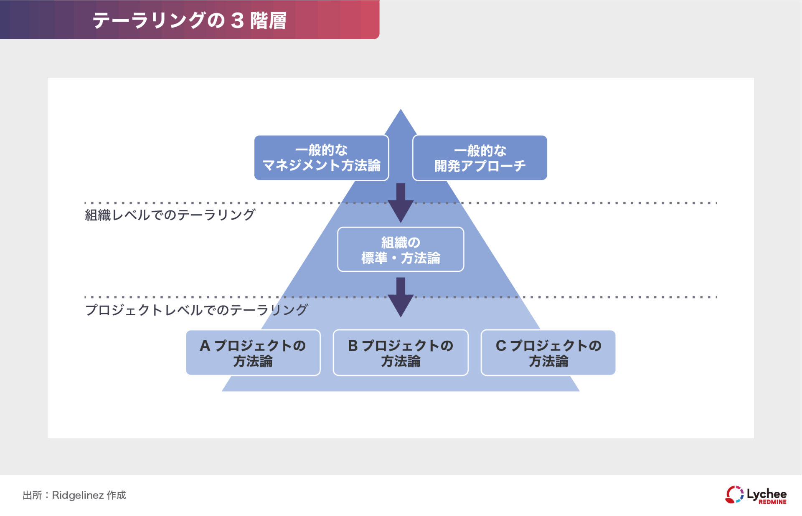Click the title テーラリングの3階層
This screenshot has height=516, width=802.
point(189,20)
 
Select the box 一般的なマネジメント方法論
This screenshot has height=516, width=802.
point(321,158)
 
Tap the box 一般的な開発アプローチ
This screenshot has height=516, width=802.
point(480,158)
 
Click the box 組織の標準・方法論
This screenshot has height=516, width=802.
point(401,250)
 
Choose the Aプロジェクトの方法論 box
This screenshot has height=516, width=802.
point(253,353)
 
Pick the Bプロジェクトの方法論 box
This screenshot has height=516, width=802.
point(401,353)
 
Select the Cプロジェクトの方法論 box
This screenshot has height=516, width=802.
point(548,353)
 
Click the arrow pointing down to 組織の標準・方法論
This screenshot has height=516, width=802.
point(401,202)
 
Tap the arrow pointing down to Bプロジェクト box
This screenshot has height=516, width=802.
point(401,297)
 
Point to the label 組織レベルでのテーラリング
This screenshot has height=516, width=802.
point(170,215)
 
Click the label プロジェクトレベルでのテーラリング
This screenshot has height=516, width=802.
point(196,310)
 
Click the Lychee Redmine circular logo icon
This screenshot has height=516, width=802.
point(734,495)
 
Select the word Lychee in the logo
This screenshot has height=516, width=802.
point(766,493)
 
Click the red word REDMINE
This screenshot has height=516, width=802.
point(772,502)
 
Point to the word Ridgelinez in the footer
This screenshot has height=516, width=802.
point(78,496)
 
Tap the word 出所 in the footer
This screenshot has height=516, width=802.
point(32,496)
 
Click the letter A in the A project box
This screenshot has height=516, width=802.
point(205,346)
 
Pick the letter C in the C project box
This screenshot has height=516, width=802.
point(501,346)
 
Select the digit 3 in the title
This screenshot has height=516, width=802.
point(237,20)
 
